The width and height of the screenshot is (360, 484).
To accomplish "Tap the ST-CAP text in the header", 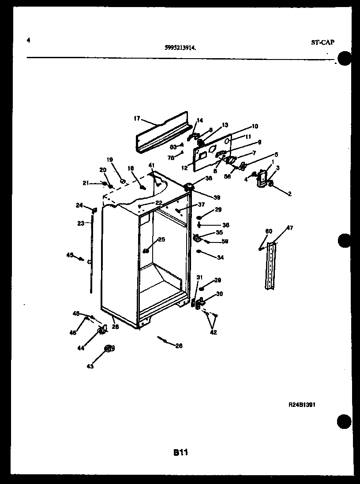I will [322, 42].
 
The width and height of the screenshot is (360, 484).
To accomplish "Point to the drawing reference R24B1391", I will [302, 404].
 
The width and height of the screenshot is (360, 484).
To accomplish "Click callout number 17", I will [137, 118].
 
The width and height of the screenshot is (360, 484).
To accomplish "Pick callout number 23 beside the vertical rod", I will [80, 223].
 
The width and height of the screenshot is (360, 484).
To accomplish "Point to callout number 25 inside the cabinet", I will [161, 239].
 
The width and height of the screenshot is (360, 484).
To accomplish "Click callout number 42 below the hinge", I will [214, 332].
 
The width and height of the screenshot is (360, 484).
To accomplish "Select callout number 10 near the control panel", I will [255, 126].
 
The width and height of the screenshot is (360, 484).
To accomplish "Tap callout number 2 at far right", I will [290, 194].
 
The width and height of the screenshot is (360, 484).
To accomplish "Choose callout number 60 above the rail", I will [269, 231].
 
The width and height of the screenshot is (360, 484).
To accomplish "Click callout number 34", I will [220, 257].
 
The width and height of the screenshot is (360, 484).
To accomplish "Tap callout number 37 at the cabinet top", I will [201, 205].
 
